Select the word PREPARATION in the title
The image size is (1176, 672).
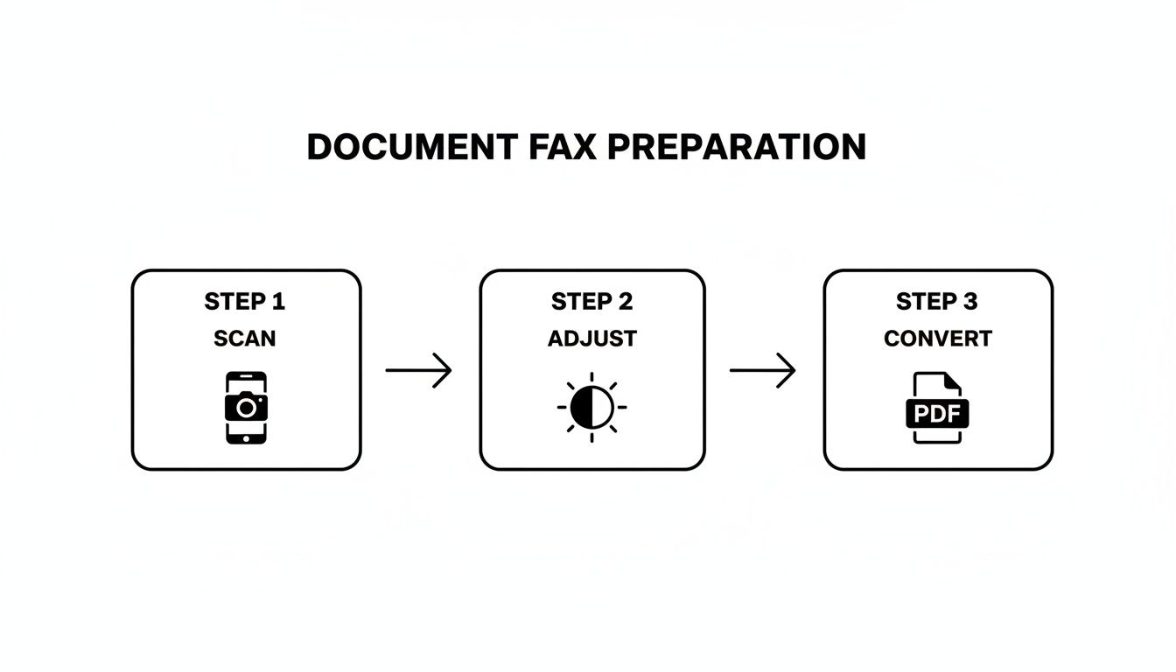point(736,147)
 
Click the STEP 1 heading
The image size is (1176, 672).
point(245,302)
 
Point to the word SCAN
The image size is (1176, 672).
point(245,339)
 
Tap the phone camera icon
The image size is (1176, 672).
point(246,407)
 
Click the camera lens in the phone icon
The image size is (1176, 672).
point(247,407)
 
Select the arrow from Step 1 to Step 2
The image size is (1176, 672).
point(418,370)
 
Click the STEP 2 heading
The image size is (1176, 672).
point(592,302)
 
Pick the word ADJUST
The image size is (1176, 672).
point(592,339)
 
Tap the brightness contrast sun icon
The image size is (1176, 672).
point(592,408)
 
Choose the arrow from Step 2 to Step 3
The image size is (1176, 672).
point(762,370)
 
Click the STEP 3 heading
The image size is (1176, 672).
point(937,302)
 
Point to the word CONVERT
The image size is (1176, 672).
point(937,339)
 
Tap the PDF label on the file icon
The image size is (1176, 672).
point(937,412)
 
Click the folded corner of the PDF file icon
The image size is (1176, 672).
point(952,381)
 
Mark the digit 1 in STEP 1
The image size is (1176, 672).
point(278,302)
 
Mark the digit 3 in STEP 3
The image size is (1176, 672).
point(969,302)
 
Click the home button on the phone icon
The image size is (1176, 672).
point(246,437)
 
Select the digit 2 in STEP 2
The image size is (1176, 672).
point(625,302)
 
